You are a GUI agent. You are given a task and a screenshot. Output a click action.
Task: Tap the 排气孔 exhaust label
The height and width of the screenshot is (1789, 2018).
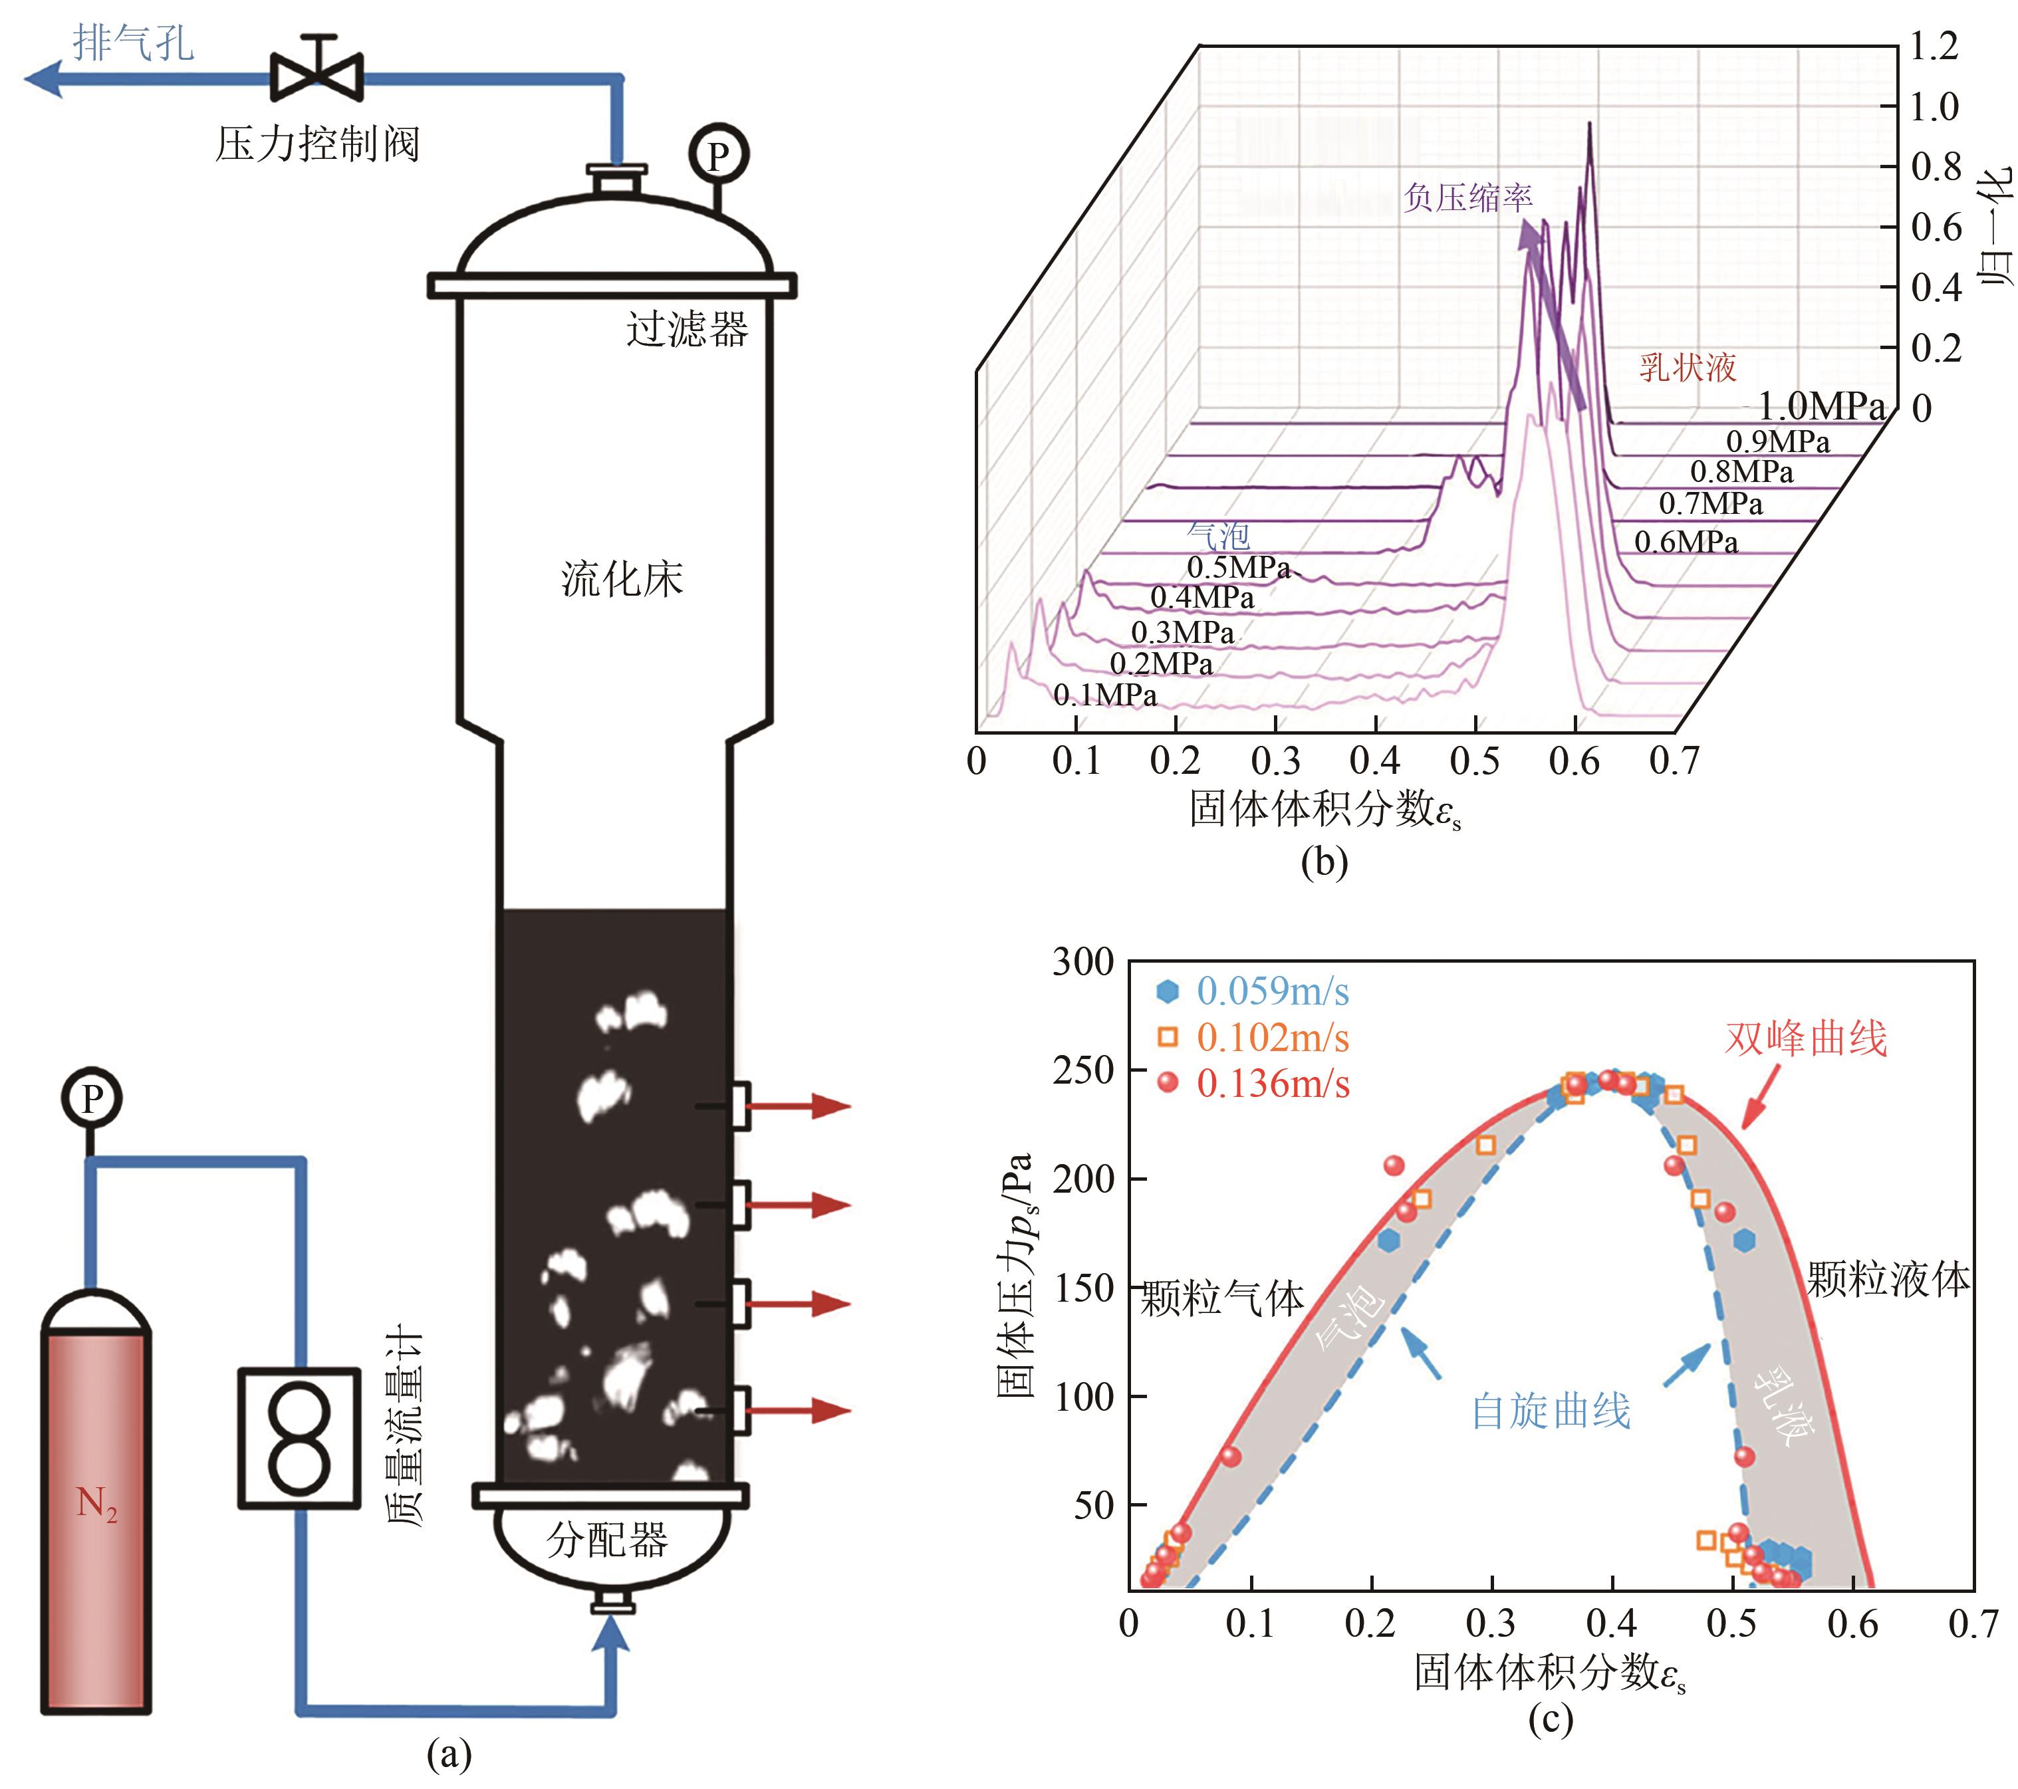point(133,43)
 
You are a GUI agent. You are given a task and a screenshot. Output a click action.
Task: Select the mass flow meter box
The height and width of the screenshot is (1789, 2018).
point(299,1437)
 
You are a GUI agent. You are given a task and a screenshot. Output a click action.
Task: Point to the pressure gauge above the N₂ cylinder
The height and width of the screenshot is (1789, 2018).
point(92,1098)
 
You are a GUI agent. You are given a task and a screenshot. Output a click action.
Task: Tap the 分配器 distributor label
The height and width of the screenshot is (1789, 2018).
point(607,1539)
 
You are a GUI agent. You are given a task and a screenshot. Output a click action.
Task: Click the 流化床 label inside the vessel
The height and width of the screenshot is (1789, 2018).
point(622,578)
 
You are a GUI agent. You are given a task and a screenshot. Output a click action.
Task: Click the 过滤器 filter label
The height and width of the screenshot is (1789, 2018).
point(687,329)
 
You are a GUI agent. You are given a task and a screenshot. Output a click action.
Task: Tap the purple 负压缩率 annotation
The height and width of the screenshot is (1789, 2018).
point(1468,197)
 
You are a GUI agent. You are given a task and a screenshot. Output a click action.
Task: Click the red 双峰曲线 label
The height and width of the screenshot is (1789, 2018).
point(1805,1038)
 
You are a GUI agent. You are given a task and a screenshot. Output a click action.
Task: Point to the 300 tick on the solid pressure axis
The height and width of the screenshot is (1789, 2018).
point(1083,961)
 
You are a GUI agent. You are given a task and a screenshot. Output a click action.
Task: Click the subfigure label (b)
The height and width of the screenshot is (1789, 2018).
point(1324,862)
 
